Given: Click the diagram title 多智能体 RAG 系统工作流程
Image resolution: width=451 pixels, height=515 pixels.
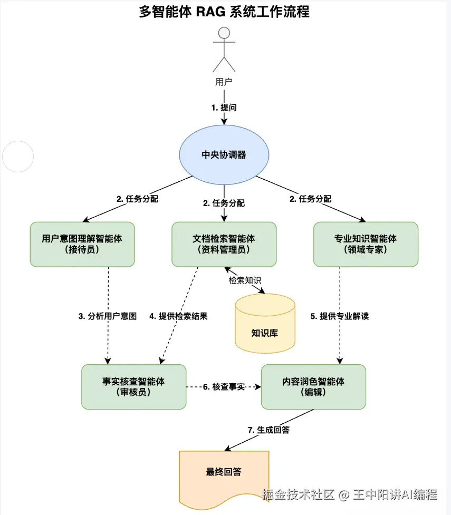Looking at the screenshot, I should [224, 12].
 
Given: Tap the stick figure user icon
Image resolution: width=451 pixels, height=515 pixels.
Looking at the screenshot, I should [224, 50].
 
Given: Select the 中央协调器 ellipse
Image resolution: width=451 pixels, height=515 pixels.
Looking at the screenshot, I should [224, 155].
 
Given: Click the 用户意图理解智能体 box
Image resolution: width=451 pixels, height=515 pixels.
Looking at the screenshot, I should [82, 244].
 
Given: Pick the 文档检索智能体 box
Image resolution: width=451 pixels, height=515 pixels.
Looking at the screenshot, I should [224, 244].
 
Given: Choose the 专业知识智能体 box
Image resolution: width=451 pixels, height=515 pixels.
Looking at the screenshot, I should [366, 244].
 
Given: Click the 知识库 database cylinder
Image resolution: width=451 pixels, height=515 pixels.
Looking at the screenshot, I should [264, 323].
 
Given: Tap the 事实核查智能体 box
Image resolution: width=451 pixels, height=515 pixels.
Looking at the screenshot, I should [133, 386].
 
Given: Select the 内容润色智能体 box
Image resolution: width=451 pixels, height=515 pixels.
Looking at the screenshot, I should [313, 386].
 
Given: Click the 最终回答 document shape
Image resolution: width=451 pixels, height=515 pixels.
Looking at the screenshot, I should [224, 472].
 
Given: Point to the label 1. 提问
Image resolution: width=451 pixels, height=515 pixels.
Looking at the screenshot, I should [224, 108].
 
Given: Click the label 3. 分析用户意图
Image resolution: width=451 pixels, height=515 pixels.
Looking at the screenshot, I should [108, 316].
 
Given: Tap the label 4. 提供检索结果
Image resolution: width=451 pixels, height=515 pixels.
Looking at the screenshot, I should [179, 316].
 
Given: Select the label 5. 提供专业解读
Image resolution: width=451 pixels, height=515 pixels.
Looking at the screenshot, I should [340, 316].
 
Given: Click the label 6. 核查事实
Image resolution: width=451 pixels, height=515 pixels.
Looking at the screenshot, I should [224, 387].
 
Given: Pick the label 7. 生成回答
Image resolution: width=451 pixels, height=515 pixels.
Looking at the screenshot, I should [268, 430].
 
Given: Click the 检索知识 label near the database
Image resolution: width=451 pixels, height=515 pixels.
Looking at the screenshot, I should [245, 280].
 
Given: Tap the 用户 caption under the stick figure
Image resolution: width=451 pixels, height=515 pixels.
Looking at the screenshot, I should [224, 82].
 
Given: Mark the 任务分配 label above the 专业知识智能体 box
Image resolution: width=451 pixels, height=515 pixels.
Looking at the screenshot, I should [311, 199].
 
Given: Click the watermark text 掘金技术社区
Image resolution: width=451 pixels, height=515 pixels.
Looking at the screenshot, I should [299, 495].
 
